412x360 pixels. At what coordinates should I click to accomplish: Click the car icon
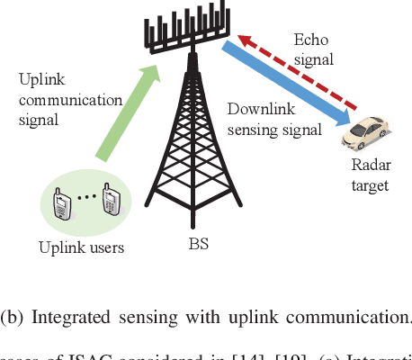[366, 133]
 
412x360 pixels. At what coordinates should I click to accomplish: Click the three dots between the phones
[86, 196]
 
